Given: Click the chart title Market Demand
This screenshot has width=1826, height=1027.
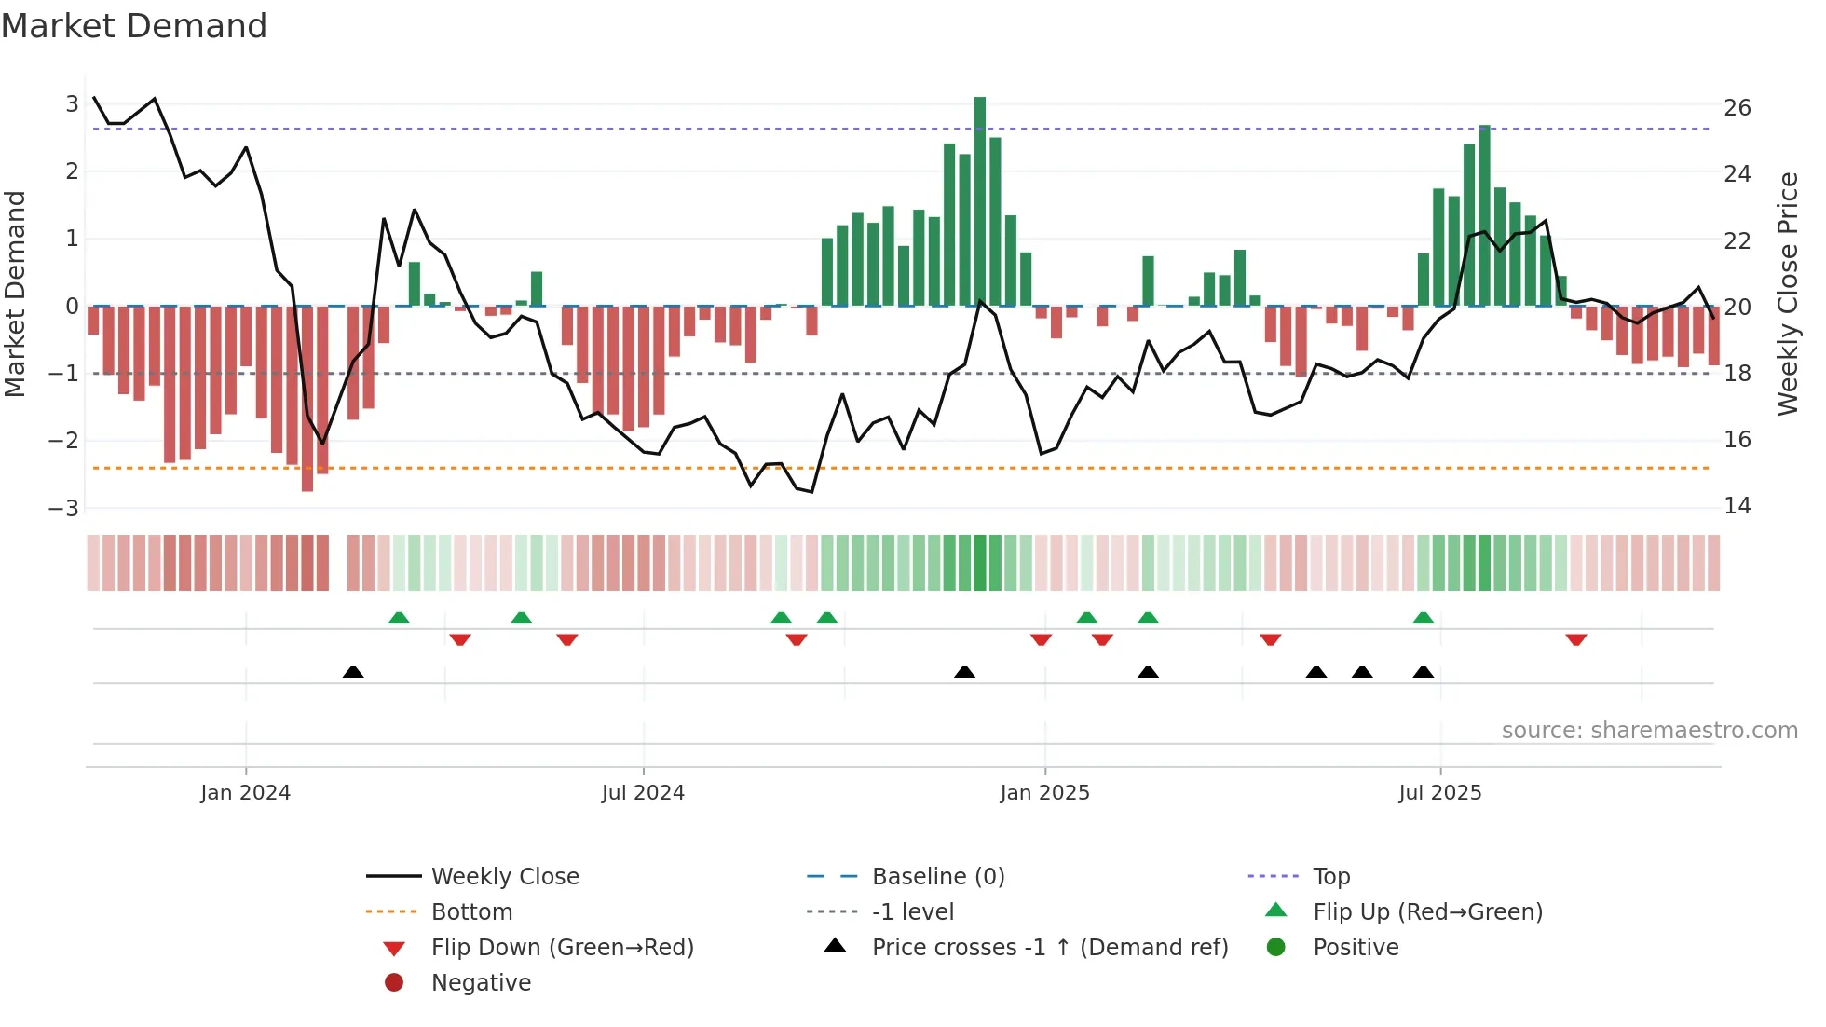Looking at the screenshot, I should point(134,26).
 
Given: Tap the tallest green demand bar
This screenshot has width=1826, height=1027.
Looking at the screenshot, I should point(980,200).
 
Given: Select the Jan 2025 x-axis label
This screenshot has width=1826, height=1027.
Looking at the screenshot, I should point(1044,793).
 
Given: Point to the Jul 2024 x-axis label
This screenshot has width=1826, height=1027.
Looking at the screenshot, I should point(643,793).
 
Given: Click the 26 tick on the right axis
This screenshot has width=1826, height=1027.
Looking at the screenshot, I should point(1737,108).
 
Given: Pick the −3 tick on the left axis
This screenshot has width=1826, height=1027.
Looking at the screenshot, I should point(64,509).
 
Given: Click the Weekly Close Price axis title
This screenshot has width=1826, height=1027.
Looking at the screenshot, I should point(1787,294).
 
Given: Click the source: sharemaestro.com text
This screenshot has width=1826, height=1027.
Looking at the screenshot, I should point(1649,731).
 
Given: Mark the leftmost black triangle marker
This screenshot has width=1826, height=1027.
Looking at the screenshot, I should point(353,673).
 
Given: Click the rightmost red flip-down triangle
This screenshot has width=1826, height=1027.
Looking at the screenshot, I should point(1576,639).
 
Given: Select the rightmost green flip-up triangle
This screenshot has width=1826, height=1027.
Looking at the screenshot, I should point(1423,619).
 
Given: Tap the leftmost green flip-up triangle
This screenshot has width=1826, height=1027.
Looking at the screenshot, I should point(399,619).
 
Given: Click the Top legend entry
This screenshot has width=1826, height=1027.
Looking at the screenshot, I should point(1330,877).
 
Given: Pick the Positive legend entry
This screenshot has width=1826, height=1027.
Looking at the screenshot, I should point(1356,948).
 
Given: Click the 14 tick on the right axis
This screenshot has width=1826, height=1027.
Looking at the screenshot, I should point(1737,506).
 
